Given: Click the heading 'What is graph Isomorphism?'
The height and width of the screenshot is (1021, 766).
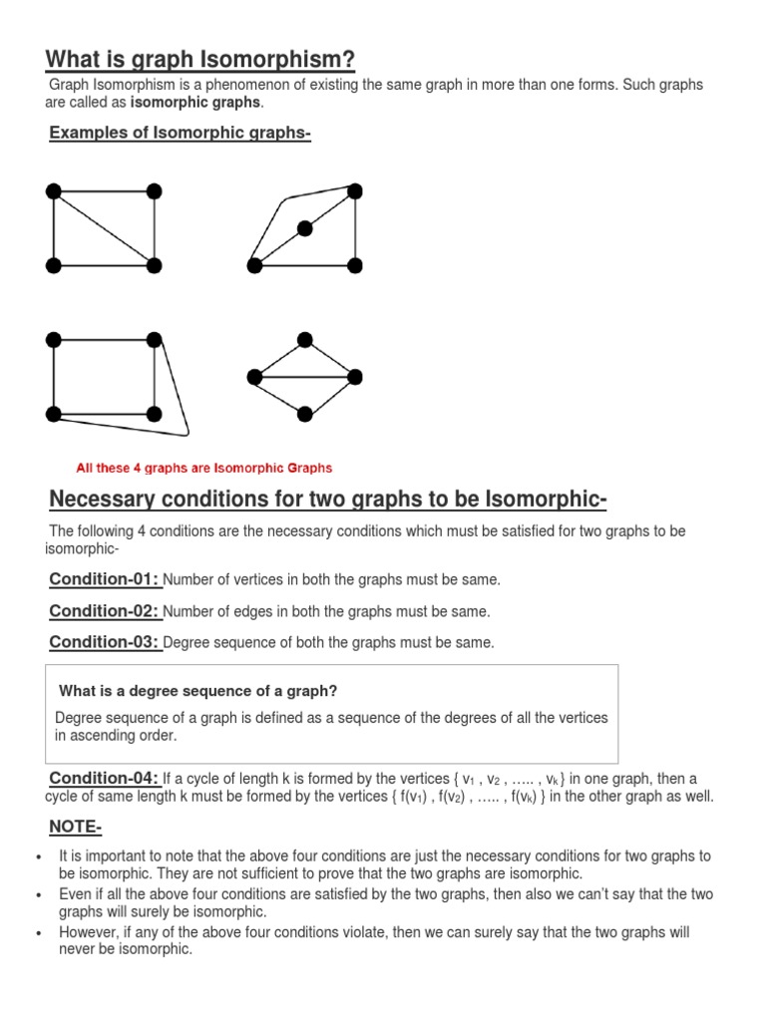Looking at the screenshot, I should pos(199,60).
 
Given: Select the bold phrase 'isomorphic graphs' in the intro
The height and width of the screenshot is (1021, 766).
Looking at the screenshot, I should pos(195,103).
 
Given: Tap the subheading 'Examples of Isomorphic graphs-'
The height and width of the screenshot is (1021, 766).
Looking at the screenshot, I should pos(181,135).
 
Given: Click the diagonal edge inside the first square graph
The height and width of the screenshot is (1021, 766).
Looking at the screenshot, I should pos(104,228).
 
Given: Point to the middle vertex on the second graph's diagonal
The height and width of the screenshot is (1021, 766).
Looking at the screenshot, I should pos(304,228).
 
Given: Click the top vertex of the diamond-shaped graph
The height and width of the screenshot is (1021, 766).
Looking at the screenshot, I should pos(304,340).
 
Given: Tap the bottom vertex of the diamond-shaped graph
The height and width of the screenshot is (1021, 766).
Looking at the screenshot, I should pos(304,413).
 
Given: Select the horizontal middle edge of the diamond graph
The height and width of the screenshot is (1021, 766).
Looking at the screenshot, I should pos(304,376).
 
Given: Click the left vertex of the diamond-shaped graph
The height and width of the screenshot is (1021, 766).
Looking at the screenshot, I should pos(254,376).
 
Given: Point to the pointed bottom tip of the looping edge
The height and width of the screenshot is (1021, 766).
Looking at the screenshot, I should pos(187,434).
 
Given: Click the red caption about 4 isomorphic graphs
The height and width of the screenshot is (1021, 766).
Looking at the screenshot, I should pos(204,468).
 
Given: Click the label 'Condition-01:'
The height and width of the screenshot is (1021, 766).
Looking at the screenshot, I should pos(105,579).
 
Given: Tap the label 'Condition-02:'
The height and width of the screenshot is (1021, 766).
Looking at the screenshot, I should pos(105,610).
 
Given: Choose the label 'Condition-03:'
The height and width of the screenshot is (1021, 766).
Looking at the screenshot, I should pos(105,642).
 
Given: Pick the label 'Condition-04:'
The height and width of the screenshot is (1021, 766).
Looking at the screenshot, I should pos(105,778).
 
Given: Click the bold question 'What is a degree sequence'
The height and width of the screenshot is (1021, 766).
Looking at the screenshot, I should pos(198,691).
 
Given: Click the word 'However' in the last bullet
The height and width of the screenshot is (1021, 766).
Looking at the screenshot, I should pos(87,932).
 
